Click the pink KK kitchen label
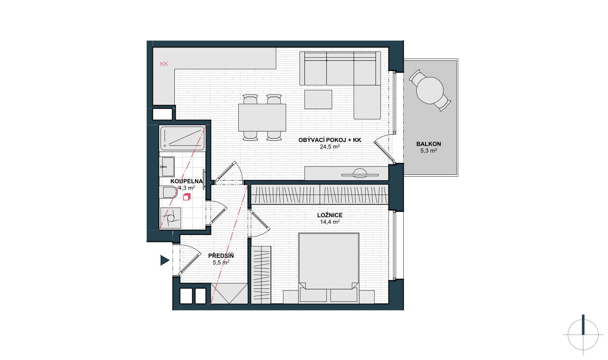click(x=164, y=64)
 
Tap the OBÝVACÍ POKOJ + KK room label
click(x=330, y=140)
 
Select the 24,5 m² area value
click(x=330, y=147)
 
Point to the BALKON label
click(x=429, y=144)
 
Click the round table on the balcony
click(x=430, y=90)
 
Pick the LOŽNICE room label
click(x=330, y=215)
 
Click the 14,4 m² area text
click(x=330, y=222)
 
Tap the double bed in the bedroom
click(x=329, y=268)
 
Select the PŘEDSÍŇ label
click(x=221, y=256)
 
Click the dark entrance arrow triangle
click(x=165, y=260)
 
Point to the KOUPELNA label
click(x=186, y=181)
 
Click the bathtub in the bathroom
click(x=182, y=138)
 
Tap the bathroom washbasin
click(x=167, y=166)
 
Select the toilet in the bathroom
click(x=169, y=192)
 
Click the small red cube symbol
click(x=187, y=197)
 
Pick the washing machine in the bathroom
click(x=170, y=218)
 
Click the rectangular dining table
click(x=262, y=117)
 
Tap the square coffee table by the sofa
click(x=318, y=99)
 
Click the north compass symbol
click(x=583, y=335)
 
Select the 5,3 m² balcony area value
click(x=429, y=150)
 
